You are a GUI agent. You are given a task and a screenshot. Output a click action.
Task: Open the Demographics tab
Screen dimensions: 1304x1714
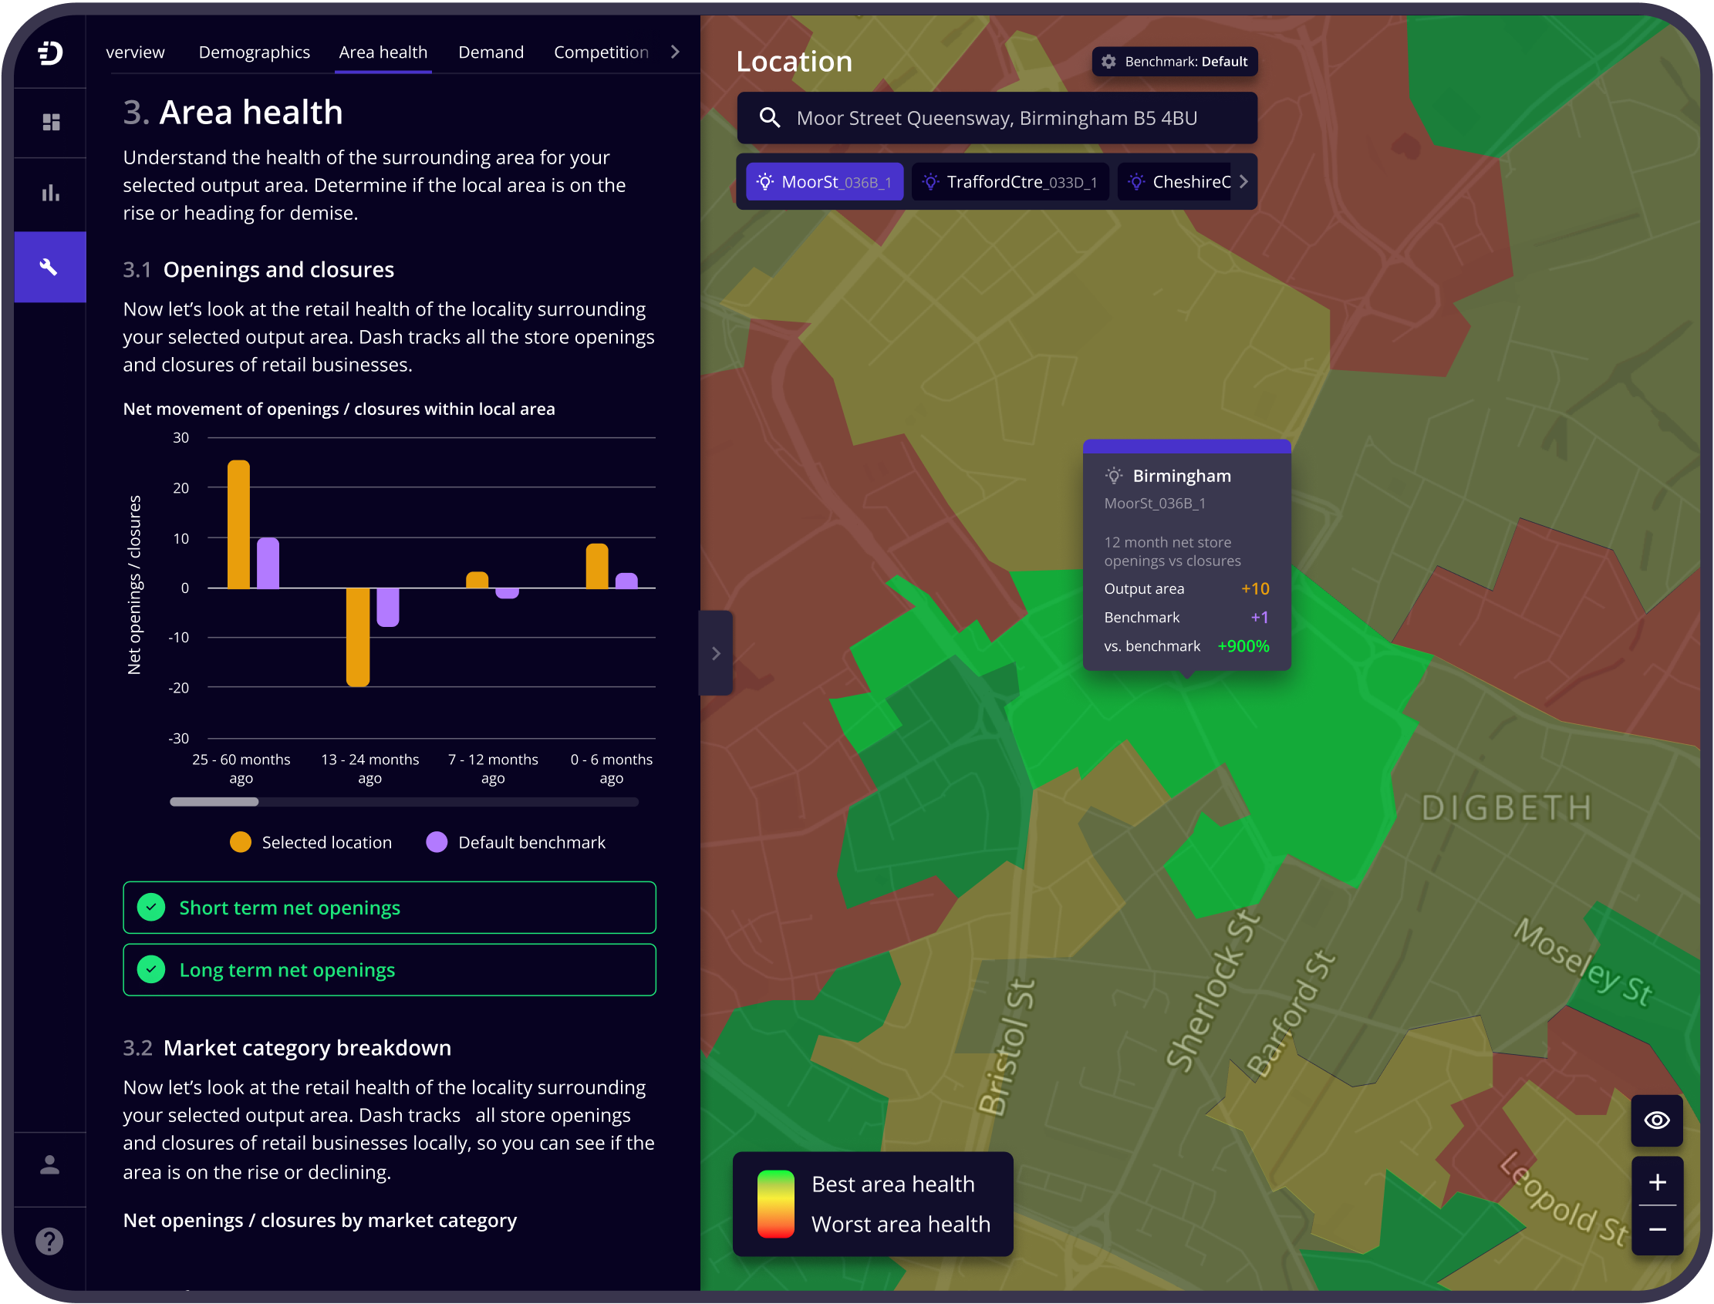pyautogui.click(x=254, y=52)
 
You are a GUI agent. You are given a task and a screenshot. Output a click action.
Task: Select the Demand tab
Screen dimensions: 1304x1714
pyautogui.click(x=491, y=52)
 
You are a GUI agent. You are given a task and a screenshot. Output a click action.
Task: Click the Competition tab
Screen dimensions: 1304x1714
pyautogui.click(x=601, y=52)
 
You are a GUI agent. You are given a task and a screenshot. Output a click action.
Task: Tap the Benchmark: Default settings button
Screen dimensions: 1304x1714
pyautogui.click(x=1175, y=62)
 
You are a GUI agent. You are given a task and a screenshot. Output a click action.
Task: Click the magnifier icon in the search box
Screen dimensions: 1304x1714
pyautogui.click(x=769, y=118)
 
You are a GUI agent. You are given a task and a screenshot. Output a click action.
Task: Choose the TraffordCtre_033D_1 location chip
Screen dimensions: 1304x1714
pyautogui.click(x=1010, y=183)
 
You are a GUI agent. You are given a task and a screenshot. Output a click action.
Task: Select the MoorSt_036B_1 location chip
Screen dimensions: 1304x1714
pyautogui.click(x=825, y=183)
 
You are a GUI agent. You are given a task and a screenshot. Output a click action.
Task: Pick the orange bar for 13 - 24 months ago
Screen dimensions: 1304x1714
pyautogui.click(x=358, y=636)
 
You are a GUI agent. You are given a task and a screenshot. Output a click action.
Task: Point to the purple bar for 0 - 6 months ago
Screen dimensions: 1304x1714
pyautogui.click(x=626, y=581)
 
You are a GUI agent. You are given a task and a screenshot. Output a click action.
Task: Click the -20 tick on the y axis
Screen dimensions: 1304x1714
pyautogui.click(x=179, y=688)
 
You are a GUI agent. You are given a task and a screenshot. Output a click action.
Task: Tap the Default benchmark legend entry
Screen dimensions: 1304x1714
pyautogui.click(x=515, y=842)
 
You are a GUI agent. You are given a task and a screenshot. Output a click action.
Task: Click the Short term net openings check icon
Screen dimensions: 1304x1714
pyautogui.click(x=151, y=908)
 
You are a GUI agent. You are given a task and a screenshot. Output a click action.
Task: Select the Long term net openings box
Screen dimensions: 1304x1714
pyautogui.click(x=389, y=969)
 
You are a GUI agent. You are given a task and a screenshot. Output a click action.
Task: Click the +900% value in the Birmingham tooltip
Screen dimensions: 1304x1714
pyautogui.click(x=1243, y=645)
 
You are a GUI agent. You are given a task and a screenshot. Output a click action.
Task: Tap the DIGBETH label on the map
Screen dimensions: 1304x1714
pyautogui.click(x=1506, y=808)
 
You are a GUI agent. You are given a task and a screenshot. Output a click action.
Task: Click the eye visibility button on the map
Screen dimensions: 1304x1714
pyautogui.click(x=1657, y=1120)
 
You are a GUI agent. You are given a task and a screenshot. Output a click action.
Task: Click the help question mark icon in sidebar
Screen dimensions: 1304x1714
pyautogui.click(x=49, y=1241)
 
